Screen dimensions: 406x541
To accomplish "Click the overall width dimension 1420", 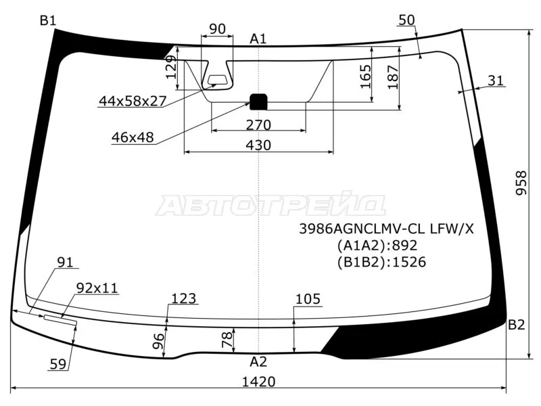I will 258,382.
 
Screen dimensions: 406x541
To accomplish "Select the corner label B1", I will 47,21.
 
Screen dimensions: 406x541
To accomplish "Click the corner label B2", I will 516,325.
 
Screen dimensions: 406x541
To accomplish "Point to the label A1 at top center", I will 258,39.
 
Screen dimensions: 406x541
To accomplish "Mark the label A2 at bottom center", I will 258,361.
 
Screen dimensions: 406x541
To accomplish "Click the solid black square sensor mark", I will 259,101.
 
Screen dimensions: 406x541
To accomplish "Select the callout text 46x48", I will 133,137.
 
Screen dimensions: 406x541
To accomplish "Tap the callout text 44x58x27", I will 133,101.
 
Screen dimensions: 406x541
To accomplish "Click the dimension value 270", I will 258,125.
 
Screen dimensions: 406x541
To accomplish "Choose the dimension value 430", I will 258,145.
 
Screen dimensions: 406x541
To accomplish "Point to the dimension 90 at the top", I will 216,28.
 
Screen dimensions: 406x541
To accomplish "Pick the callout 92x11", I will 97,288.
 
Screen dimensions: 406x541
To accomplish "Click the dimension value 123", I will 183,298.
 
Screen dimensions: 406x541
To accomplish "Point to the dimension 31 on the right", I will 496,81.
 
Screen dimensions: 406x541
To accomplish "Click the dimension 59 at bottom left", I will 58,364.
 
